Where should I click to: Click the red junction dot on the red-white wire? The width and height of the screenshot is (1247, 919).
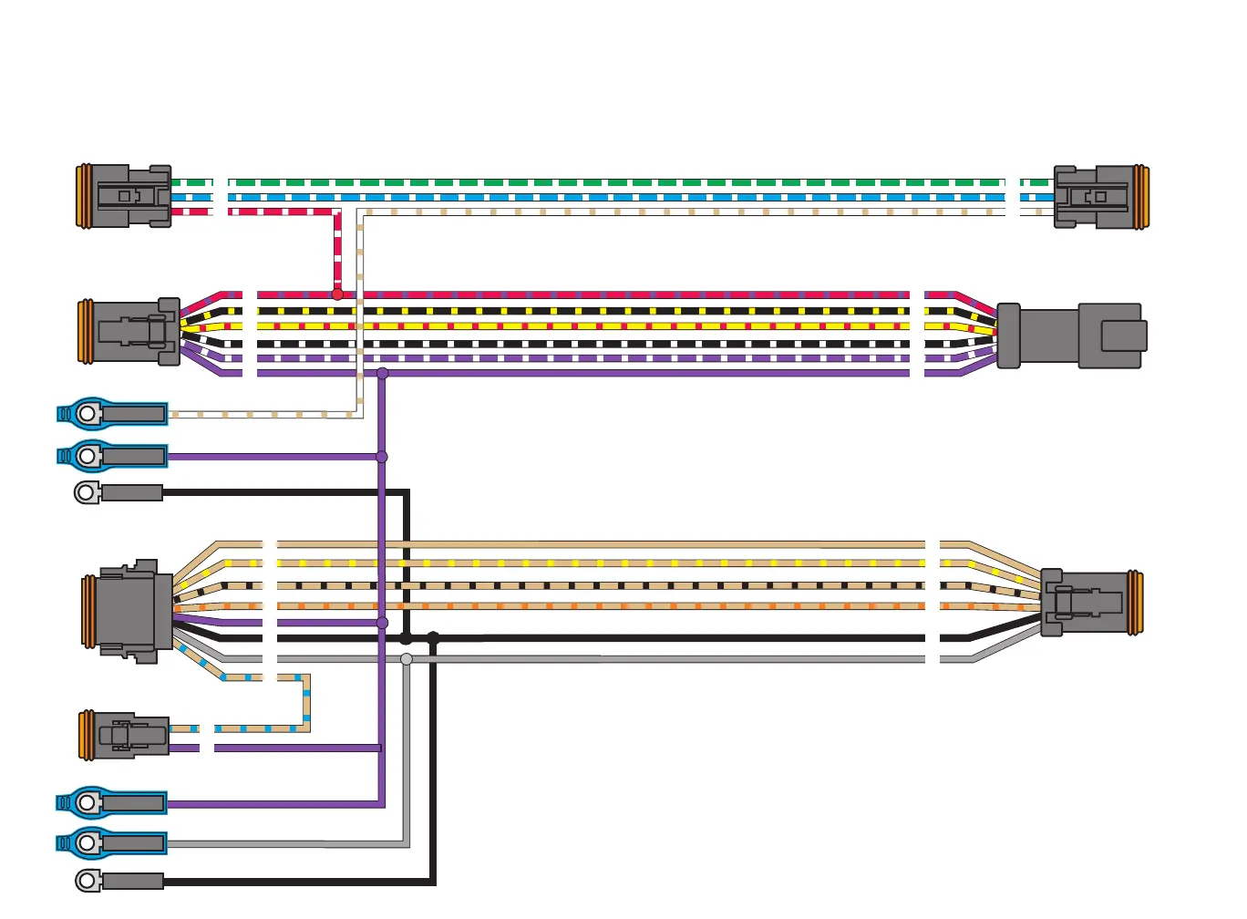pos(337,294)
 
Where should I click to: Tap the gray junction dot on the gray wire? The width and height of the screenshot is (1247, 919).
pos(407,659)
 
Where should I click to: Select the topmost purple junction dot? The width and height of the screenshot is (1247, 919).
pos(382,373)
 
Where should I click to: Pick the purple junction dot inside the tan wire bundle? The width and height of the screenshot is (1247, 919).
pos(382,623)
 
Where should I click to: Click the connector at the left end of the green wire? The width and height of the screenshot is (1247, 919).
pos(124,195)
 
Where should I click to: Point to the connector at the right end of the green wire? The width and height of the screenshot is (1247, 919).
pos(1100,197)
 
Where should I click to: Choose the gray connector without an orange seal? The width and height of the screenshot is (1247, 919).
pos(1071,336)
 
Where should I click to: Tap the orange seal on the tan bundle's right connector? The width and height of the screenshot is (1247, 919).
pos(1135,603)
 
